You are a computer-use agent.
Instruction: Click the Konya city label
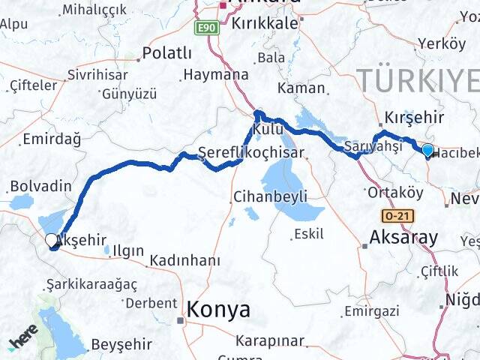click(218, 309)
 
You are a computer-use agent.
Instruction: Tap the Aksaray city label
click(403, 238)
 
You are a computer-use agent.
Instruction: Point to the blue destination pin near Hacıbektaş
click(427, 150)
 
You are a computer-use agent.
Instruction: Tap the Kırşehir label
click(414, 118)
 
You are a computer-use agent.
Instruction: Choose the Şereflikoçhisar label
click(250, 153)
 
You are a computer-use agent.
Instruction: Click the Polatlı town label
click(167, 54)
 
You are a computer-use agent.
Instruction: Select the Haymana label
click(215, 75)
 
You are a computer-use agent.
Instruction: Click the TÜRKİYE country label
click(417, 79)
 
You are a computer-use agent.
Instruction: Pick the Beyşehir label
click(121, 344)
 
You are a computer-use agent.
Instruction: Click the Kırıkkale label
click(265, 23)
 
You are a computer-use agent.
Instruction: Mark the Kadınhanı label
click(185, 260)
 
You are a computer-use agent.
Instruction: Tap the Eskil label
click(308, 234)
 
